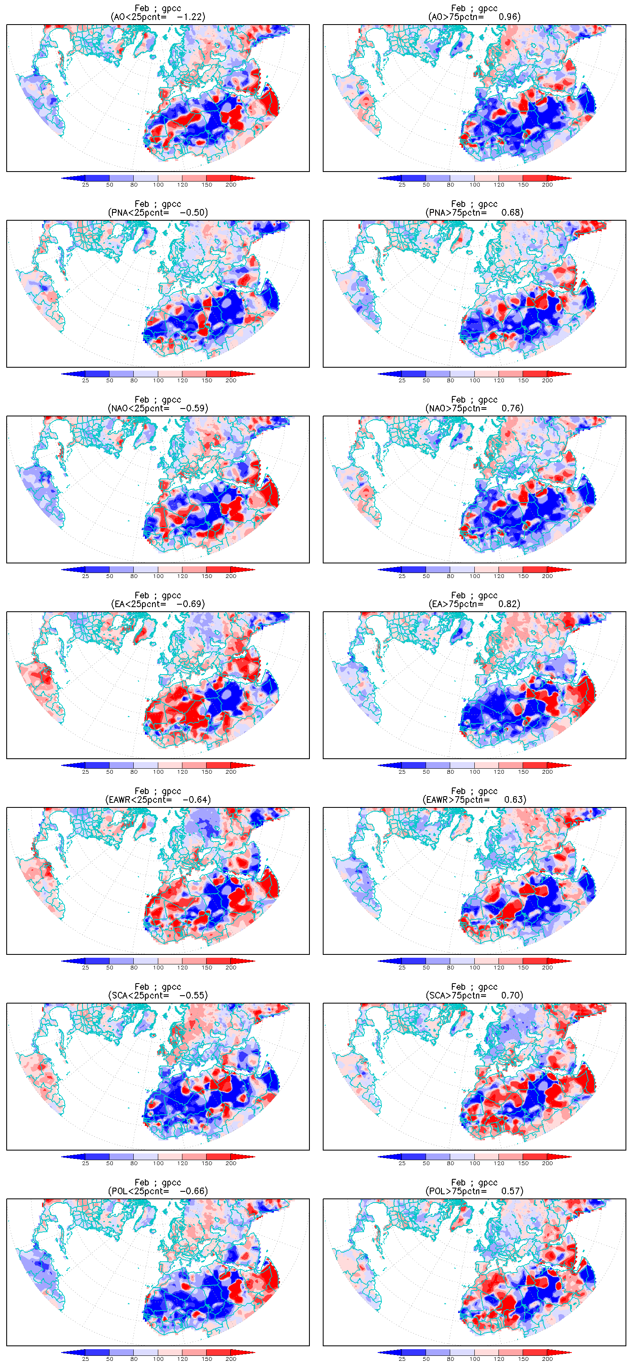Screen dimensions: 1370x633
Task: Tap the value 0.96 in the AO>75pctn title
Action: tap(508, 17)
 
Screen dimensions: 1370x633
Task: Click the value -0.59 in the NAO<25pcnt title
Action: tap(193, 409)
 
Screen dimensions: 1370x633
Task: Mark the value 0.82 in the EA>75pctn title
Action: tap(508, 604)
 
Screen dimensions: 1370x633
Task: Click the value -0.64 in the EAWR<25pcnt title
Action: tap(196, 800)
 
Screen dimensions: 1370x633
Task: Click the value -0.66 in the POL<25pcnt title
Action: tap(193, 1191)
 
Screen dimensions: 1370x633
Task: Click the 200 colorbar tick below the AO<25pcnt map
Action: tap(231, 185)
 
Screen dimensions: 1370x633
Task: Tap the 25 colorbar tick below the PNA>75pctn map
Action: tap(402, 381)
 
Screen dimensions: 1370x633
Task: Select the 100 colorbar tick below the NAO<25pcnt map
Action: tap(158, 576)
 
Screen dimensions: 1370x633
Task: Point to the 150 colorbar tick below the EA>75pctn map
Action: tap(523, 772)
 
